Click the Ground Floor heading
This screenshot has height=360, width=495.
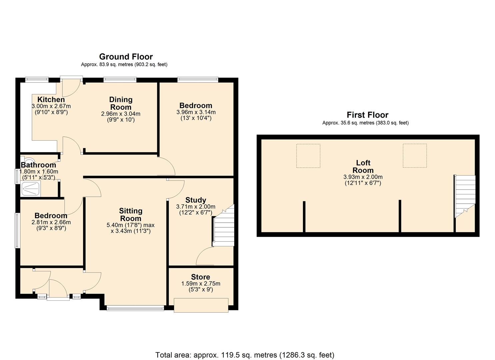click(126, 57)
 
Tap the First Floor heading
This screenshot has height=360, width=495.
click(367, 115)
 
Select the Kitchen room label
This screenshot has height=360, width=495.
click(51, 99)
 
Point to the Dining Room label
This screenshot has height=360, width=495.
click(121, 103)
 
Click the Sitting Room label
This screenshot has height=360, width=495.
click(130, 215)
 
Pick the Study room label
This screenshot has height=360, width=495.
click(196, 200)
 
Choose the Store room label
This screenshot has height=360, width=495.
click(200, 277)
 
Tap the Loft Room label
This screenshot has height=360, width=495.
click(363, 167)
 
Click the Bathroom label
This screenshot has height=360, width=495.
click(38, 165)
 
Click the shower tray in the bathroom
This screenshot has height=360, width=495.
click(31, 189)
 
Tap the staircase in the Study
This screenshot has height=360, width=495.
click(223, 230)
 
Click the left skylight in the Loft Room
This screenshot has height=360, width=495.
click(308, 156)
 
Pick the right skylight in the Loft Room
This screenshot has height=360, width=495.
click(415, 156)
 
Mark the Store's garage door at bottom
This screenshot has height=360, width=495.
click(201, 305)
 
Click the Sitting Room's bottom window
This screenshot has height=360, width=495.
click(135, 308)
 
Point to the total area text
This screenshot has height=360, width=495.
click(245, 355)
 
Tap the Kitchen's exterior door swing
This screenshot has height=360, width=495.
click(71, 86)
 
